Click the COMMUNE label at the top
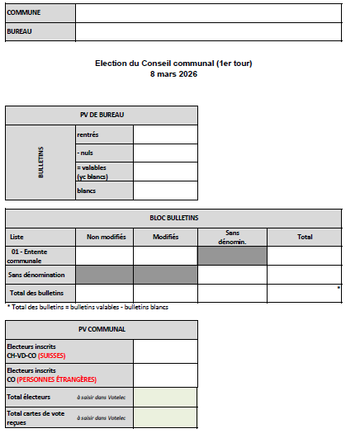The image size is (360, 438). (x=23, y=13)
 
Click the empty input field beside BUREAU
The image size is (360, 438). (x=207, y=31)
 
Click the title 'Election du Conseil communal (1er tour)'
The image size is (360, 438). (x=179, y=64)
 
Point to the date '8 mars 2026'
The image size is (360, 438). (x=179, y=74)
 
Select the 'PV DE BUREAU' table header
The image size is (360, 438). (x=102, y=115)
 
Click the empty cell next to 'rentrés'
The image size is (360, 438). (x=165, y=134)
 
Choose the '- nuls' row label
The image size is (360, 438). (x=86, y=153)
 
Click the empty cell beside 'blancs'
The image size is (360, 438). (x=165, y=191)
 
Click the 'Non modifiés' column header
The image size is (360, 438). (x=105, y=237)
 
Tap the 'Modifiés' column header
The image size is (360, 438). (x=165, y=237)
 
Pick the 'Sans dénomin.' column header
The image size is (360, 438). (x=232, y=237)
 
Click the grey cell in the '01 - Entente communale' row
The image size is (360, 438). (x=232, y=256)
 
